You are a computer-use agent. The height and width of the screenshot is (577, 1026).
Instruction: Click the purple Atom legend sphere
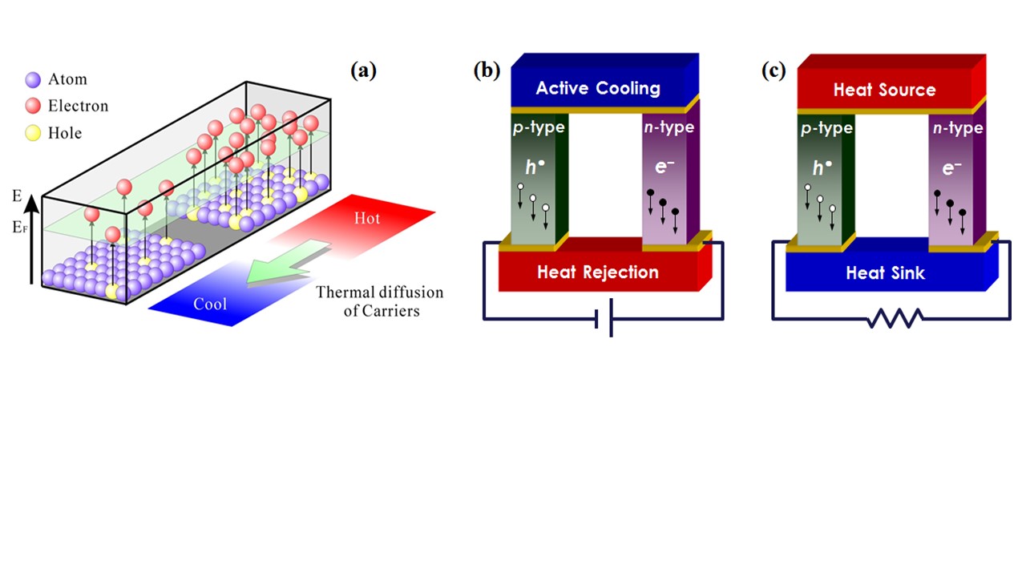click(x=33, y=79)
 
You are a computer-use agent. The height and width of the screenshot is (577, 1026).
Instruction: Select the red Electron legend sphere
click(x=33, y=106)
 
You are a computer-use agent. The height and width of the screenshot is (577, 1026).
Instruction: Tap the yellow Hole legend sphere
click(x=33, y=132)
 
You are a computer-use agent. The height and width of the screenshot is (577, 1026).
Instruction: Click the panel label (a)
click(x=363, y=71)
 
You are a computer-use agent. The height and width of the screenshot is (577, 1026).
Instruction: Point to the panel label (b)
click(x=487, y=71)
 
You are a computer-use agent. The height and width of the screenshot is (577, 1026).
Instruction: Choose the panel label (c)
click(x=774, y=71)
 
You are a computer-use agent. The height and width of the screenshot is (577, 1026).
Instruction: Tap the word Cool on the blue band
click(x=209, y=305)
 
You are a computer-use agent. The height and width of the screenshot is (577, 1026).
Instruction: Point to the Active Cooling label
click(x=598, y=88)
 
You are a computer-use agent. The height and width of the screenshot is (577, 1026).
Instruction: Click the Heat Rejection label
click(x=597, y=272)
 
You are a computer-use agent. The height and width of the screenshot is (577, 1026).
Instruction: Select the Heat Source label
click(x=884, y=90)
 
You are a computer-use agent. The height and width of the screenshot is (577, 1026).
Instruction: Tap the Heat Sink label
click(x=885, y=273)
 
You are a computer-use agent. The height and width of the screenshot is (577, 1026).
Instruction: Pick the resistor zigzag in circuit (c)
click(x=894, y=320)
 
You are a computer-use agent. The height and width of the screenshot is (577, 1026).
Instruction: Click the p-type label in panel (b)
click(x=538, y=128)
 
